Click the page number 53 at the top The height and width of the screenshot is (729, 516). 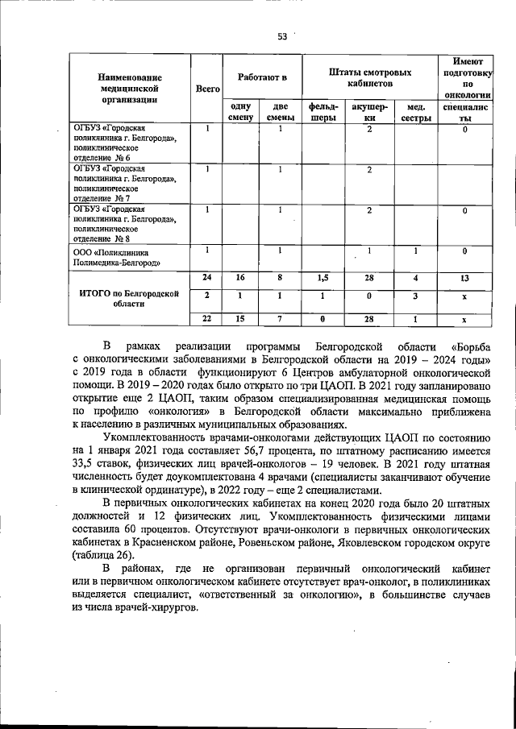pos(282,35)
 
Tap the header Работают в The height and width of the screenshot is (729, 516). pos(262,77)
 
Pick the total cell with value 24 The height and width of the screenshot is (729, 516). pos(207,277)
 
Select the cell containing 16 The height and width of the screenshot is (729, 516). pos(240,277)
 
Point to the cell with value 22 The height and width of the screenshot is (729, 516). pos(207,320)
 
